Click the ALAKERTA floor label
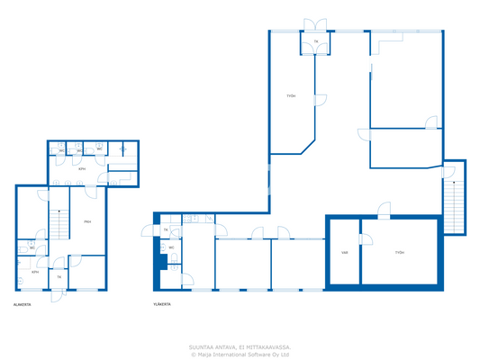(23, 304)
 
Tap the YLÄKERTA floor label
(163, 304)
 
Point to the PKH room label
(87, 221)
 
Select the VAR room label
(344, 253)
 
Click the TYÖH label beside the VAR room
(399, 253)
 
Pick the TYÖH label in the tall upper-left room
(291, 96)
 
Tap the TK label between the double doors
(316, 41)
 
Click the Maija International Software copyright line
(240, 355)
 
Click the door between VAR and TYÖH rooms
(363, 239)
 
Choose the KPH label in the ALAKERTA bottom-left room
(35, 271)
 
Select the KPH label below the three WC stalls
(82, 168)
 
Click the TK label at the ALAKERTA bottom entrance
(59, 277)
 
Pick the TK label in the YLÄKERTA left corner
(166, 230)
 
